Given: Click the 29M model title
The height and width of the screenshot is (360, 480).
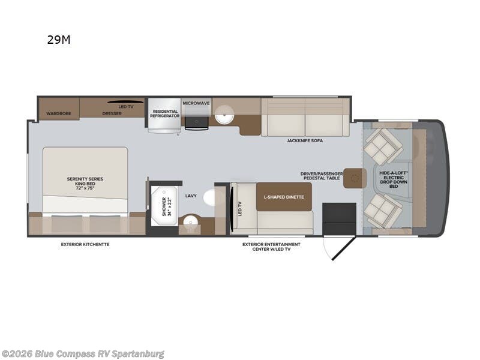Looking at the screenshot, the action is (x=59, y=40).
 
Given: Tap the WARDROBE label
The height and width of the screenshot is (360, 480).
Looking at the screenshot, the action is (x=59, y=113).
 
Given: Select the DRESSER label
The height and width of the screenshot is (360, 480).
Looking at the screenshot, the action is (x=112, y=113).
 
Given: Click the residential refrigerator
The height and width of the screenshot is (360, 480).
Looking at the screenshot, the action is (x=164, y=115).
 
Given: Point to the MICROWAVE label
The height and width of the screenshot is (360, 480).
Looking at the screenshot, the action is (x=196, y=103).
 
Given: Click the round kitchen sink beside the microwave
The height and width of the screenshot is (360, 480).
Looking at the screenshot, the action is (x=224, y=114).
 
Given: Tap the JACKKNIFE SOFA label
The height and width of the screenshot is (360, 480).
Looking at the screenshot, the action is (x=305, y=141).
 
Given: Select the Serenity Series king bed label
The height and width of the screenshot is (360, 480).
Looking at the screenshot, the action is (x=85, y=184).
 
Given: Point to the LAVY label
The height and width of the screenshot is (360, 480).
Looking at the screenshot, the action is (x=191, y=196).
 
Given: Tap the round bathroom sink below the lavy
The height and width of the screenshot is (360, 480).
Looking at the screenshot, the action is (x=190, y=220).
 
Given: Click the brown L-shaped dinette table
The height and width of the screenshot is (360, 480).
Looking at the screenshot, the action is (x=284, y=197).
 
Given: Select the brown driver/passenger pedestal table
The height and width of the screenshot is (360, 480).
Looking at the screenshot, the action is (x=355, y=178).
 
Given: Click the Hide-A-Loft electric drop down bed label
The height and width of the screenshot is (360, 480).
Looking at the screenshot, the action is (x=394, y=179).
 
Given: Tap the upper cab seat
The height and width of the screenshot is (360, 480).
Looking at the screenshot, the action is (x=383, y=146).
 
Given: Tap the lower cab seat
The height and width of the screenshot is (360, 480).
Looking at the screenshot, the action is (x=383, y=211).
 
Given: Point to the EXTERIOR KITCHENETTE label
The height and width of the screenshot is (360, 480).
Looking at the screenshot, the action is (x=85, y=245).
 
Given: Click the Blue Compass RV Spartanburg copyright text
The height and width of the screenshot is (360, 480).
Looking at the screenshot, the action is (x=82, y=354).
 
